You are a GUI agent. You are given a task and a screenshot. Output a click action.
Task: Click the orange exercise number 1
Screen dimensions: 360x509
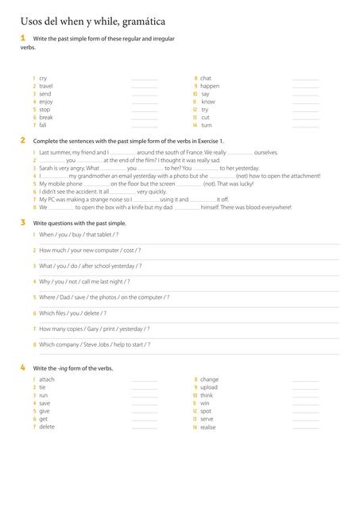tap(22, 37)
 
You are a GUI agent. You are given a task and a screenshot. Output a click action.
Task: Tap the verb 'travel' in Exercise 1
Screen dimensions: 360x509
tap(45, 86)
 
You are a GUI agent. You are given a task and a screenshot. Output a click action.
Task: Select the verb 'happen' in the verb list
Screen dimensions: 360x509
tap(210, 86)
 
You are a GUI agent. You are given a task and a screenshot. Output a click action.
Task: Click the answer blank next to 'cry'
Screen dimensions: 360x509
tap(144, 79)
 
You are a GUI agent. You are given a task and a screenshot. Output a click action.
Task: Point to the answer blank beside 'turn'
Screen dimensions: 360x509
tap(305, 126)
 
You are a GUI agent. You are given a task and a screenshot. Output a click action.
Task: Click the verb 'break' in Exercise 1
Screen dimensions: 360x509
tap(46, 118)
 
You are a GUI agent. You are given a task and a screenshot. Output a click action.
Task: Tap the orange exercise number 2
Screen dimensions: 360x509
tap(22, 140)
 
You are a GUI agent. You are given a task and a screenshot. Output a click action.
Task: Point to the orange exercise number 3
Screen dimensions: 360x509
tap(22, 223)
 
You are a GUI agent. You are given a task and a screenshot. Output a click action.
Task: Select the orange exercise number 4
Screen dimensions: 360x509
tap(22, 367)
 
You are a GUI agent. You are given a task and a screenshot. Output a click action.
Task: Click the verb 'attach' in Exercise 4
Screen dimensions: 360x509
tap(47, 379)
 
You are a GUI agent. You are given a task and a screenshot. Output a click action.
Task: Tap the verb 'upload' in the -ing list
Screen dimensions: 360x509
tap(210, 387)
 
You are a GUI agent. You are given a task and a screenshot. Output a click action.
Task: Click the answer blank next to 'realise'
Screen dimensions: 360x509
tap(305, 427)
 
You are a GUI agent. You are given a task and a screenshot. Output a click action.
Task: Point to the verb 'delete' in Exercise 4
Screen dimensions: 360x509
tap(47, 427)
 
